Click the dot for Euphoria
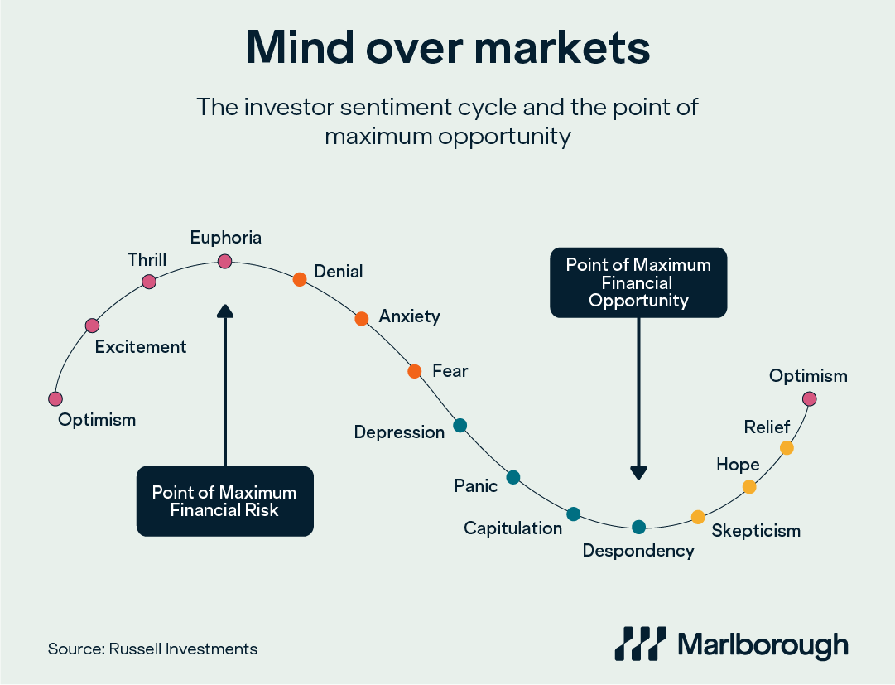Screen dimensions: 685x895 tap(224, 262)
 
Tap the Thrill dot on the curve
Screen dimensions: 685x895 tap(149, 282)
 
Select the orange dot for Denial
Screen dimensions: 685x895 tap(300, 280)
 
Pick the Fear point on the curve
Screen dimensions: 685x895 tap(415, 371)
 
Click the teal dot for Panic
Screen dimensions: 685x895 tap(512, 477)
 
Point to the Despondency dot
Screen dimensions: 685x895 tap(638, 527)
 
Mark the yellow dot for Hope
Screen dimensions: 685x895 tap(749, 487)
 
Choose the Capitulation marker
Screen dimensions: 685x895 tap(574, 514)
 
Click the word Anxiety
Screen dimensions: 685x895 tap(409, 316)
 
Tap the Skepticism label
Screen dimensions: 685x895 tap(756, 531)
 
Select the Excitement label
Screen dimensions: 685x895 tap(141, 347)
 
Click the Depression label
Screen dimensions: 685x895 tap(399, 432)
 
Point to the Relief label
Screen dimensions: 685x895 tap(767, 427)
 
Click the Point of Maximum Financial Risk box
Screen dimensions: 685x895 tap(224, 501)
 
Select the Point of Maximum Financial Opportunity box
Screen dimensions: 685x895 tap(638, 282)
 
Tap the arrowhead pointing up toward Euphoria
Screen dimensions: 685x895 tap(224, 311)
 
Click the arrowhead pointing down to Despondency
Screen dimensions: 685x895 tap(638, 472)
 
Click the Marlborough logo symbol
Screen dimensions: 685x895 tap(640, 644)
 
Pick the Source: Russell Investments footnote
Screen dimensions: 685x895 tap(152, 649)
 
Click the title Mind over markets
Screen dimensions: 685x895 tap(448, 49)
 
